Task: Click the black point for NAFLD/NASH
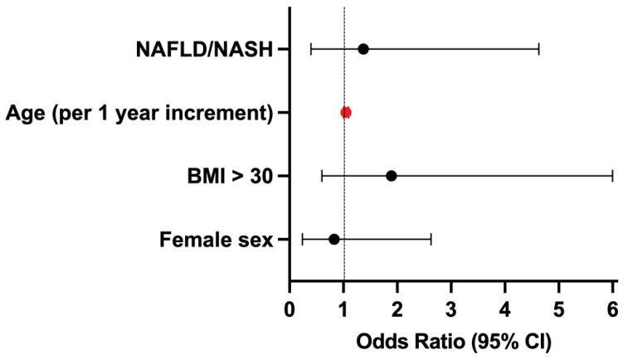pyautogui.click(x=363, y=49)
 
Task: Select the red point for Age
pyautogui.click(x=346, y=112)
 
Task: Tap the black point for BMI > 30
pyautogui.click(x=392, y=176)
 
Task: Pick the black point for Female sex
pyautogui.click(x=334, y=239)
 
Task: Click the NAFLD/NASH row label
pyautogui.click(x=204, y=49)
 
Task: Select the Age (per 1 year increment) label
pyautogui.click(x=139, y=112)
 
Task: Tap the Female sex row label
pyautogui.click(x=216, y=240)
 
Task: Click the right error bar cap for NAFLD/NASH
pyautogui.click(x=539, y=49)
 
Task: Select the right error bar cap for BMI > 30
pyautogui.click(x=612, y=176)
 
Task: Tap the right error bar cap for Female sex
pyautogui.click(x=431, y=239)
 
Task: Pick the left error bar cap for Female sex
pyautogui.click(x=303, y=239)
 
